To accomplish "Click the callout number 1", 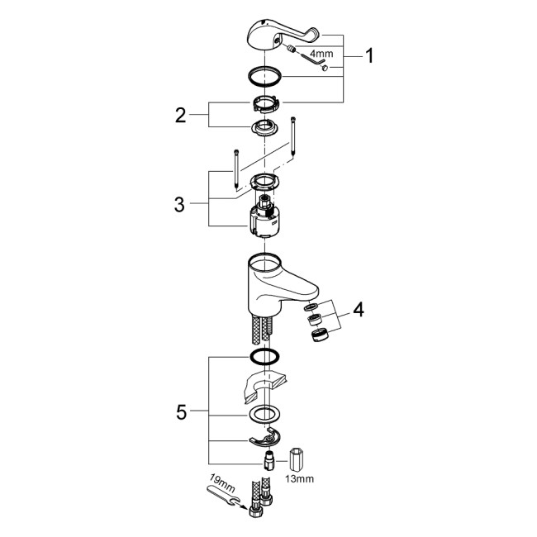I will click(x=369, y=56).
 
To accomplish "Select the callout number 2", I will click(x=180, y=114).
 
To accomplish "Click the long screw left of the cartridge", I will click(x=236, y=169).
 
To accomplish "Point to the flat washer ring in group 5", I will click(x=265, y=415).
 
